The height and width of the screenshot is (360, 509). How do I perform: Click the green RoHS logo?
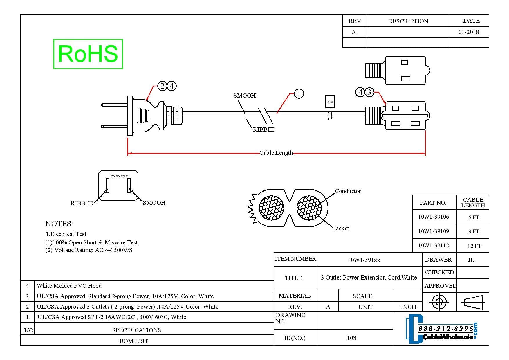click(x=88, y=54)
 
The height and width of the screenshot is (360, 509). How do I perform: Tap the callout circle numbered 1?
click(x=299, y=93)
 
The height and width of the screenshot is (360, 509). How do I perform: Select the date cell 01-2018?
click(x=469, y=32)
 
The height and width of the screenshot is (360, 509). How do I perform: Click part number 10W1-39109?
click(x=433, y=231)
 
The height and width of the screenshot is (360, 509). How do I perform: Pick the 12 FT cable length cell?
click(x=474, y=246)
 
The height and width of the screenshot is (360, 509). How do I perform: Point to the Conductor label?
click(x=348, y=191)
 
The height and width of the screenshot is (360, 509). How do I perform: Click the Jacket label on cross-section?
click(x=341, y=228)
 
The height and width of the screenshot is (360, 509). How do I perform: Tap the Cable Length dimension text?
click(x=276, y=153)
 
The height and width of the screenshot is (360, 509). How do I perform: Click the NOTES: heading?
click(x=59, y=224)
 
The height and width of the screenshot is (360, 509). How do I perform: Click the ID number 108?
click(x=351, y=338)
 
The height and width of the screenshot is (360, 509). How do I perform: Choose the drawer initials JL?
click(x=471, y=260)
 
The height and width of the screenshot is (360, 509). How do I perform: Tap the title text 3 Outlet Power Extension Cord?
click(x=369, y=278)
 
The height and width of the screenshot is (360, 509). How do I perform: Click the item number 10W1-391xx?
click(x=364, y=260)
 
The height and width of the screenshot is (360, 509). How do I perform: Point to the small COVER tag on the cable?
click(x=330, y=102)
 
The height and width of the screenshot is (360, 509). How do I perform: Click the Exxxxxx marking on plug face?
click(x=119, y=176)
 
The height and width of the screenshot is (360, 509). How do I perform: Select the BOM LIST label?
click(x=133, y=341)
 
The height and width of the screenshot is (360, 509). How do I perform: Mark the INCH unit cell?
click(x=408, y=307)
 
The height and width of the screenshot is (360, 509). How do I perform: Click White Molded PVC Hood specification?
click(x=69, y=286)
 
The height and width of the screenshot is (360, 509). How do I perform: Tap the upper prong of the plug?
click(x=114, y=105)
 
